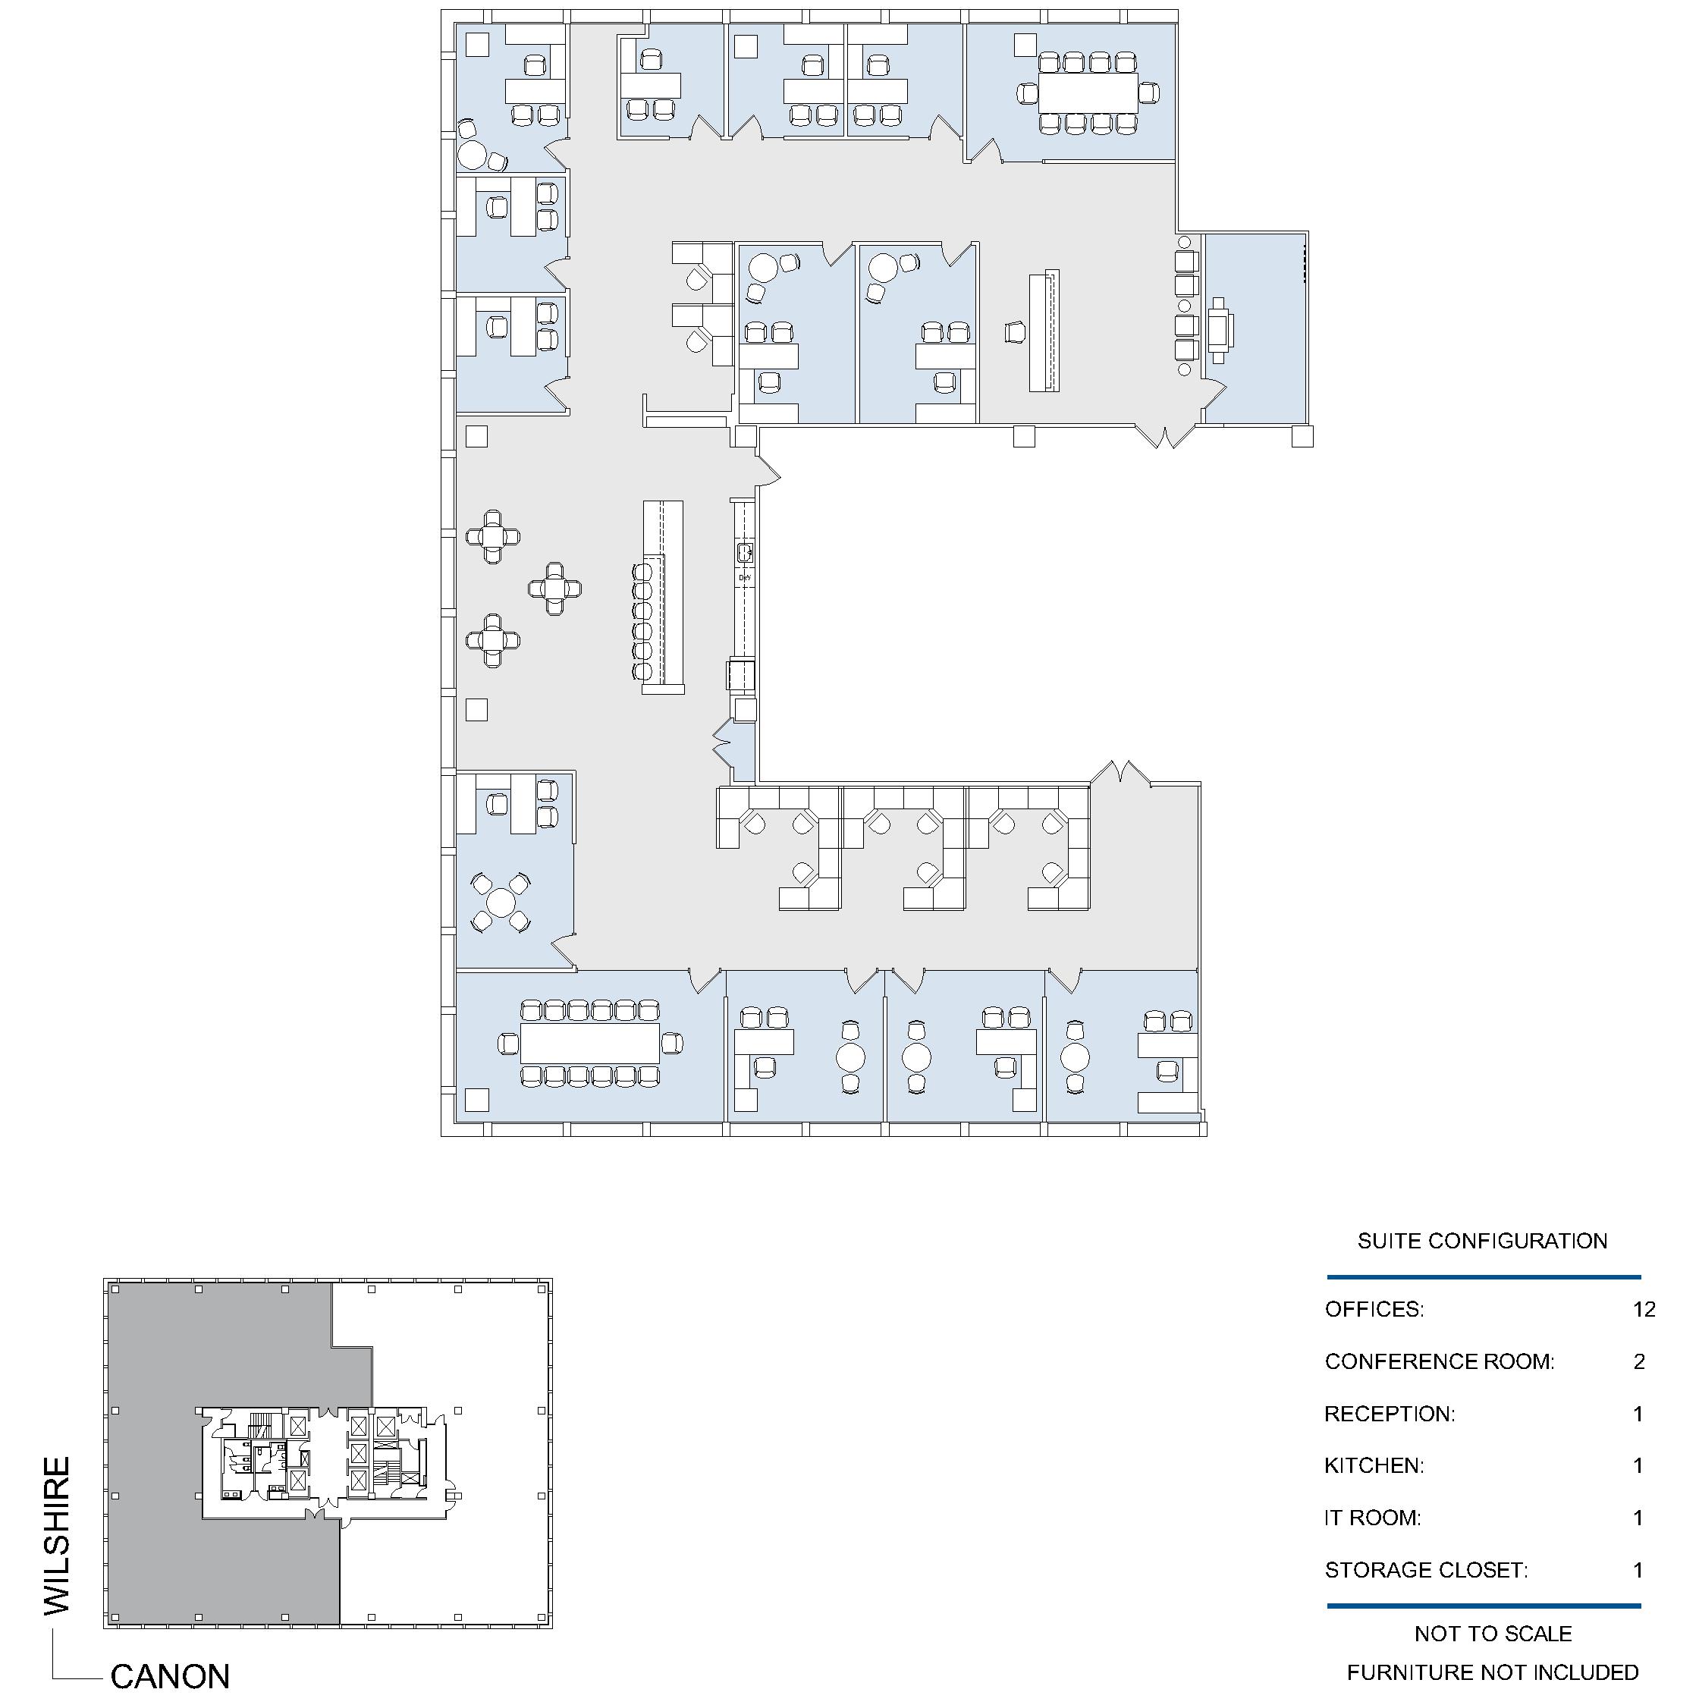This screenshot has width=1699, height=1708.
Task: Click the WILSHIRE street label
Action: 57,1536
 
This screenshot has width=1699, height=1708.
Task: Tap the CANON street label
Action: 170,1676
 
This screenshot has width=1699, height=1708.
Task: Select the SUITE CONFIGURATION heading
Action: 1482,1242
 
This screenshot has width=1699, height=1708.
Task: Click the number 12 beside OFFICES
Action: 1644,1309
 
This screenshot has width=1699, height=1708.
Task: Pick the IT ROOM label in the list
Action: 1372,1518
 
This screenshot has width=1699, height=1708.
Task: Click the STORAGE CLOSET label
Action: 1426,1570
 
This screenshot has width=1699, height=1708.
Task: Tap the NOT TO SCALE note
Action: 1493,1634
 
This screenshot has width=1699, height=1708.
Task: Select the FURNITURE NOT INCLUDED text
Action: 1492,1672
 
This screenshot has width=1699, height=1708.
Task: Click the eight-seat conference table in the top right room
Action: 1088,93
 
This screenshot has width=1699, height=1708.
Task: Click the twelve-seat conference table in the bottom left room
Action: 589,1043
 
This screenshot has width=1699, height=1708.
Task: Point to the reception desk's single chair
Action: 1016,332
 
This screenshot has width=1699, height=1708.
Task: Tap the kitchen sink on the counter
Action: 744,553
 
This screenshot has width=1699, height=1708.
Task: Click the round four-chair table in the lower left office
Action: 501,903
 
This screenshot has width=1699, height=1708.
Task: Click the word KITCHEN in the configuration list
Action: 1374,1466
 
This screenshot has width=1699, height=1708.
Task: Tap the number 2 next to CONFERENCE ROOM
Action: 1639,1361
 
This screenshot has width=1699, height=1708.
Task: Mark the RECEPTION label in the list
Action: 1389,1414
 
